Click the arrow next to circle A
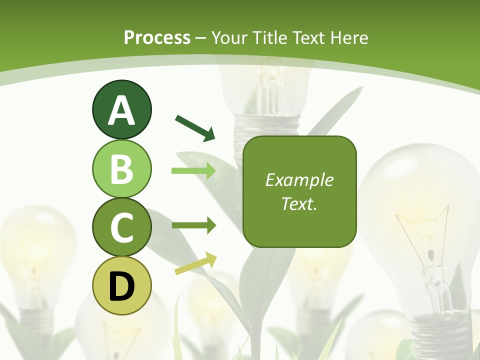pos(195,127)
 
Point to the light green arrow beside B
pos(193,171)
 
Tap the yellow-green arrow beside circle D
pos(195,263)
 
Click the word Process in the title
pos(157,37)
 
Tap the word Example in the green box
pos(299,180)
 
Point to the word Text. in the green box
pos(299,203)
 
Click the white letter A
pos(121,110)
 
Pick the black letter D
pos(121,286)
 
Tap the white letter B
pos(121,169)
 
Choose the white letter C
pos(121,227)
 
